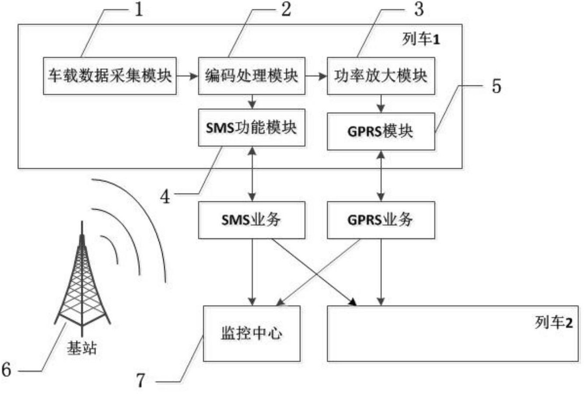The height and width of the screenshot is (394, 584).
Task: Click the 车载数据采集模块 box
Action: coord(110,76)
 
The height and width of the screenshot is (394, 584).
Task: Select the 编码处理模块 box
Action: coord(251,76)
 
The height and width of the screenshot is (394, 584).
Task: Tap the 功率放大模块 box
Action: coord(381,76)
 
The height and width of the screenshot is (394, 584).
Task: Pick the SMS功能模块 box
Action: coord(251,128)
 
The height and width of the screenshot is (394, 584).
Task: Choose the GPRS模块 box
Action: coord(381,132)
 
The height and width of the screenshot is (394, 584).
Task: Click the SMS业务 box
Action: coord(251,220)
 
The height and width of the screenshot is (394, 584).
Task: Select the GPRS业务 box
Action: coord(381,220)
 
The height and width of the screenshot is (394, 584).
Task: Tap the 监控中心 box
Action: coord(251,333)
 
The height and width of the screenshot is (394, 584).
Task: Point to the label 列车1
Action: coord(421,39)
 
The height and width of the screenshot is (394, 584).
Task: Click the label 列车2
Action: coord(554,323)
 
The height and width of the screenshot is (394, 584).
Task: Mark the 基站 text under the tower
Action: coord(82,348)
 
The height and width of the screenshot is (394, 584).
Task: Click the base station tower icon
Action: coord(82,279)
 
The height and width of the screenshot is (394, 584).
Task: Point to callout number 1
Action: coord(139,10)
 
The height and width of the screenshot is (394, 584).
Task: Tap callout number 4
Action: coord(165,197)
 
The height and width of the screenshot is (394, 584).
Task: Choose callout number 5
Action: coord(496,86)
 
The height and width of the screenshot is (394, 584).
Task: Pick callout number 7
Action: coord(141,381)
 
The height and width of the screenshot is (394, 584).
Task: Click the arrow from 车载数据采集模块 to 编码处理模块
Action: coord(187,76)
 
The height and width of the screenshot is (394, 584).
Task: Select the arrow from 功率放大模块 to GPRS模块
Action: coord(381,104)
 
